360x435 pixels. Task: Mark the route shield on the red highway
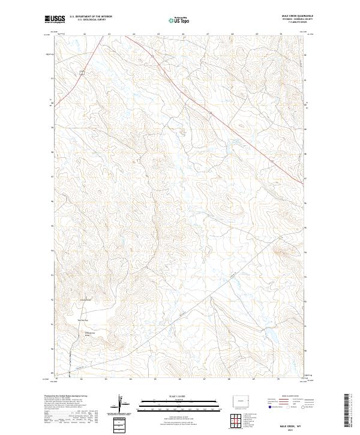[80, 72]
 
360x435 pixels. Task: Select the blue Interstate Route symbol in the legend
[270, 406]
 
